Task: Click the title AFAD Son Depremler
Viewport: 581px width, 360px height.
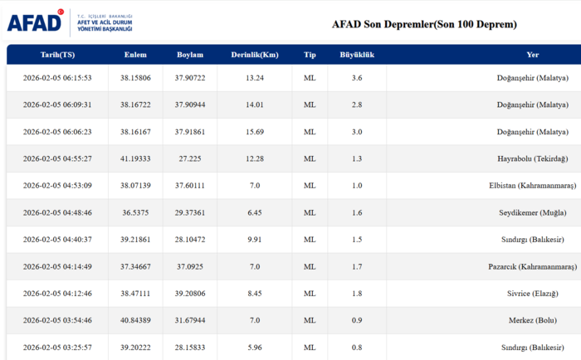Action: [424, 24]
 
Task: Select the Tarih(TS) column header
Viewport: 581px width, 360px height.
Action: [57, 55]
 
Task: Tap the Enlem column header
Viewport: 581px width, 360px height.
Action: [135, 55]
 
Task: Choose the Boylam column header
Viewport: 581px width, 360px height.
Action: [190, 55]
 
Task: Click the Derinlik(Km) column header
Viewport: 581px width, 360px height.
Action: [255, 55]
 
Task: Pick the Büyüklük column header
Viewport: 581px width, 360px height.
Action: [357, 55]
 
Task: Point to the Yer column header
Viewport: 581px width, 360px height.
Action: [533, 55]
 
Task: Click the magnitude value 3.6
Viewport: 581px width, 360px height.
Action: [357, 78]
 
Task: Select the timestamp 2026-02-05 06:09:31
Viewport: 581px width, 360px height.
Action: [57, 105]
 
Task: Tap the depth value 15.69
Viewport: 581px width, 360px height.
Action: [255, 132]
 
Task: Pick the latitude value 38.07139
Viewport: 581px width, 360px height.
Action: [135, 186]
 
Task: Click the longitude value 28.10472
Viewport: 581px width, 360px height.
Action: [190, 240]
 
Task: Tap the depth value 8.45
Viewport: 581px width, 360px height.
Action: [255, 294]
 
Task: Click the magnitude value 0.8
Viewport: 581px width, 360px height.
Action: [357, 348]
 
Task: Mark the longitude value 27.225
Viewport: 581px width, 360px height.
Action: [190, 158]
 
